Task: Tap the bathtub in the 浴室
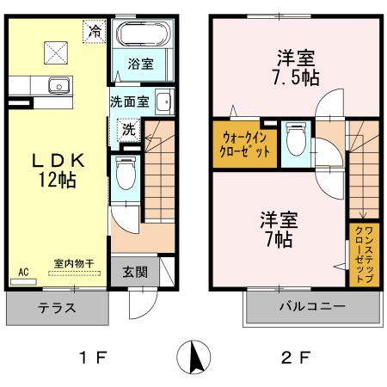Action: pyautogui.click(x=143, y=37)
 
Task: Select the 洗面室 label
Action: pyautogui.click(x=129, y=100)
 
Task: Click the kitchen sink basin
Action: pyautogui.click(x=58, y=85)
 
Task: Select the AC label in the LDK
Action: pyautogui.click(x=23, y=272)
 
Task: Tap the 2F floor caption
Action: pyautogui.click(x=294, y=356)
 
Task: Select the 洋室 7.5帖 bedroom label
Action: pyautogui.click(x=294, y=66)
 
